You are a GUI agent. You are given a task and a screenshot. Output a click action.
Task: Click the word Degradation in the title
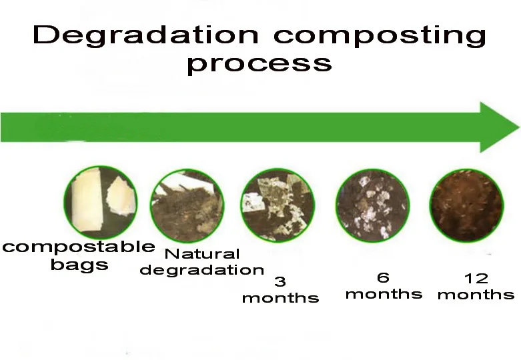(x=145, y=35)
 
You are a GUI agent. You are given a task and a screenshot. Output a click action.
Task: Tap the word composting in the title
(x=380, y=36)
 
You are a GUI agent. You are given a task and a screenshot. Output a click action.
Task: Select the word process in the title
(x=259, y=64)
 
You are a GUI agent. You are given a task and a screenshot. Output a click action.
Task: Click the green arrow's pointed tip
(x=519, y=127)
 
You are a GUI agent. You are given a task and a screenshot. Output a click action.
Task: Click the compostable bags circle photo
(x=101, y=202)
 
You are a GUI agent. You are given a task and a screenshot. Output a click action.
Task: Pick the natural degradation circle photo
(x=187, y=205)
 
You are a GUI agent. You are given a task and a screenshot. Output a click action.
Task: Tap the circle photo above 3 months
(x=278, y=205)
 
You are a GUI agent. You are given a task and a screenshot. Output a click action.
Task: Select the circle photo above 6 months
(x=372, y=205)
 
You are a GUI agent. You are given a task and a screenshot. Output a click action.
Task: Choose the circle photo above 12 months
(x=466, y=205)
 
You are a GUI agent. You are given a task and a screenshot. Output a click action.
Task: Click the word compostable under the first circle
(x=79, y=247)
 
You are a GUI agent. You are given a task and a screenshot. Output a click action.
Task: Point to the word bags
(x=79, y=265)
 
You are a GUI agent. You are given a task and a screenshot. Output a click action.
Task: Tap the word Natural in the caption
(x=202, y=254)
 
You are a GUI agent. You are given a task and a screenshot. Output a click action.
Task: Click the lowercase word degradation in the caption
(x=202, y=270)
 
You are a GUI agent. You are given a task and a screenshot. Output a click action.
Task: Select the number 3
(x=280, y=281)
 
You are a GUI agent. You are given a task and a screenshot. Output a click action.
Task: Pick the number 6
(x=383, y=277)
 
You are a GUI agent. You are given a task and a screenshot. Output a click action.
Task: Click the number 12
(x=476, y=278)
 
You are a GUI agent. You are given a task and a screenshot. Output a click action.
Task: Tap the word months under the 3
(x=280, y=297)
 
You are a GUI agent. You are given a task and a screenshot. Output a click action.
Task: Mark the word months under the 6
(x=384, y=294)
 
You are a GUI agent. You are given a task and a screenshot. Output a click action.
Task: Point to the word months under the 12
(x=476, y=295)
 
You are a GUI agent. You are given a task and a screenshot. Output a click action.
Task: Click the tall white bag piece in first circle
(x=87, y=200)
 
